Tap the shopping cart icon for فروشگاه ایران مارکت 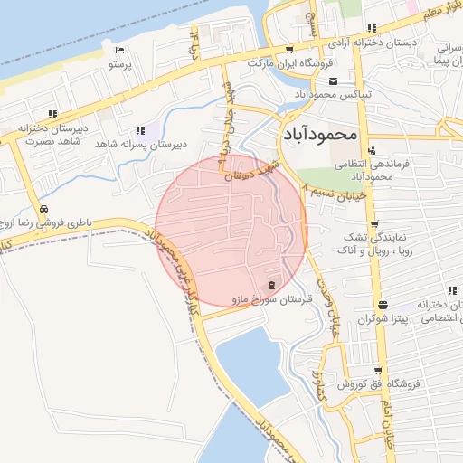click(x=288, y=50)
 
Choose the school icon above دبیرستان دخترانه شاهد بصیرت click(x=53, y=114)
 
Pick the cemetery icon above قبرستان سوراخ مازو click(x=273, y=285)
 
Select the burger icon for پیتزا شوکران click(x=383, y=306)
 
